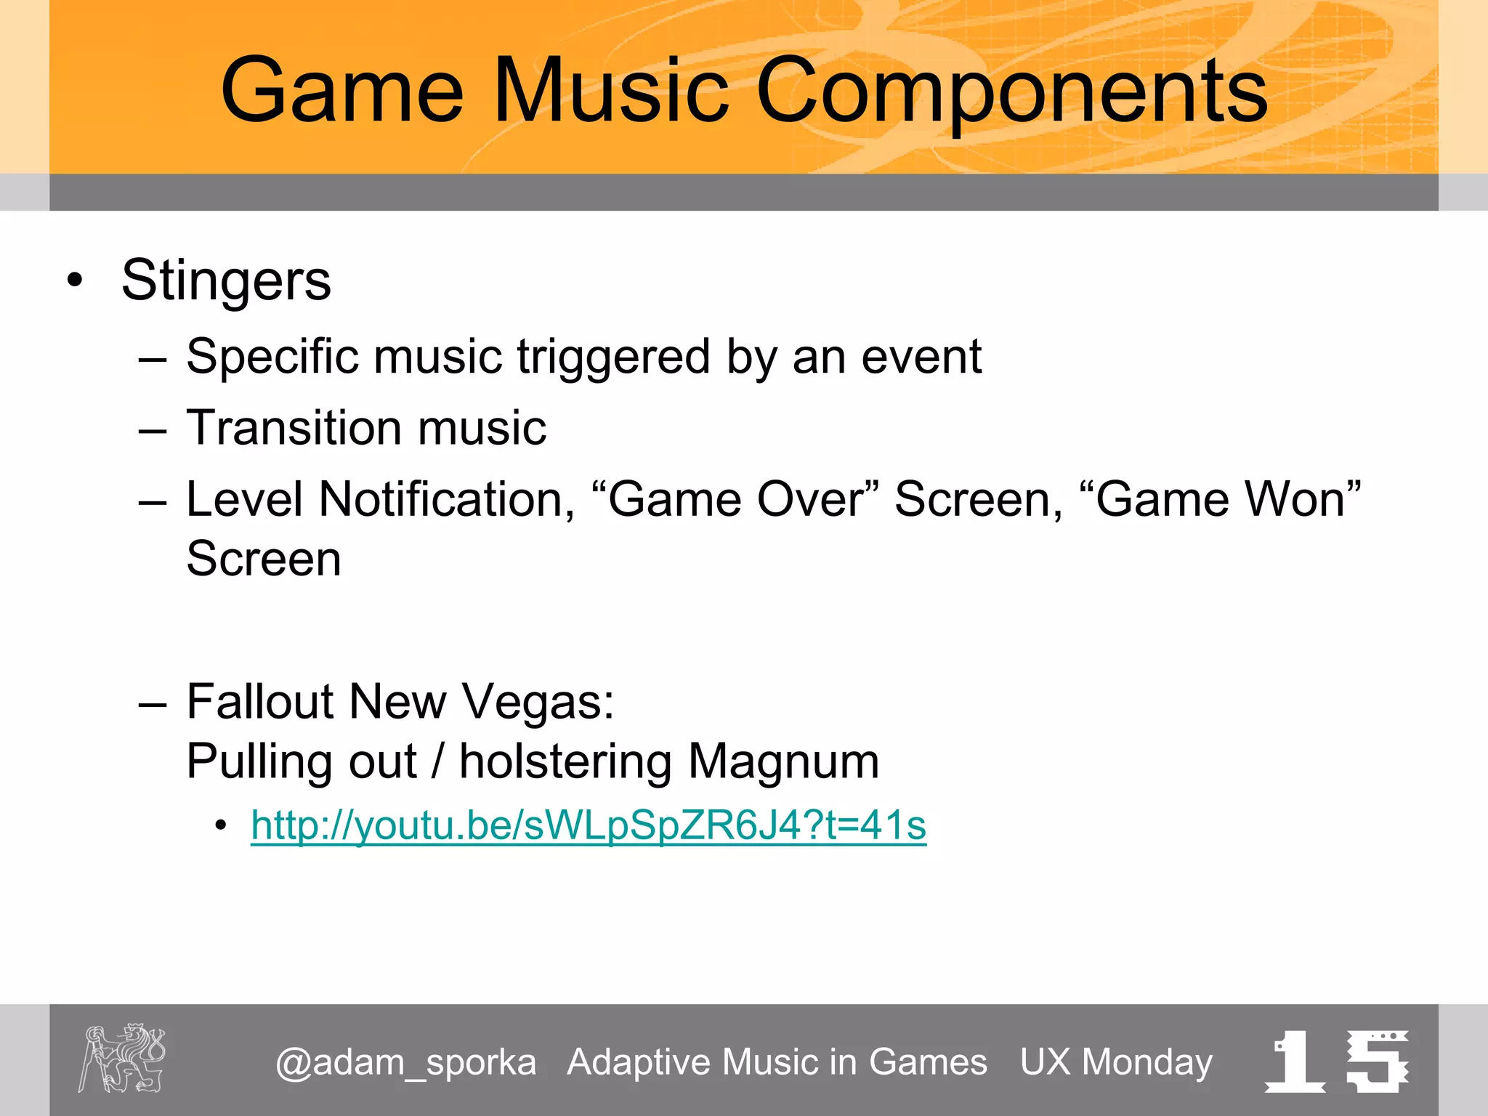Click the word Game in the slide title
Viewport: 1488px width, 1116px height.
(341, 92)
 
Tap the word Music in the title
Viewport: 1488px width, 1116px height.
(610, 92)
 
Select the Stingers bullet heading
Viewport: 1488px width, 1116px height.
(226, 280)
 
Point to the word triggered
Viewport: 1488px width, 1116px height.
(612, 357)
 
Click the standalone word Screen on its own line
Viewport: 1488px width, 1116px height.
(263, 559)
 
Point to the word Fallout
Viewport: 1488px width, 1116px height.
(259, 702)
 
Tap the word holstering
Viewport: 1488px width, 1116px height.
(565, 761)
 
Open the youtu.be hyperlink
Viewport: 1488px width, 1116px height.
(588, 826)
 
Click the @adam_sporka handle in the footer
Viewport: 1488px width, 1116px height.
(405, 1062)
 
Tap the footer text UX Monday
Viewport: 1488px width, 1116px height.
(1116, 1062)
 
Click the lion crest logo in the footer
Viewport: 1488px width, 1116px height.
(122, 1058)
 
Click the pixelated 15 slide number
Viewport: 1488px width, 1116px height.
(1337, 1061)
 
